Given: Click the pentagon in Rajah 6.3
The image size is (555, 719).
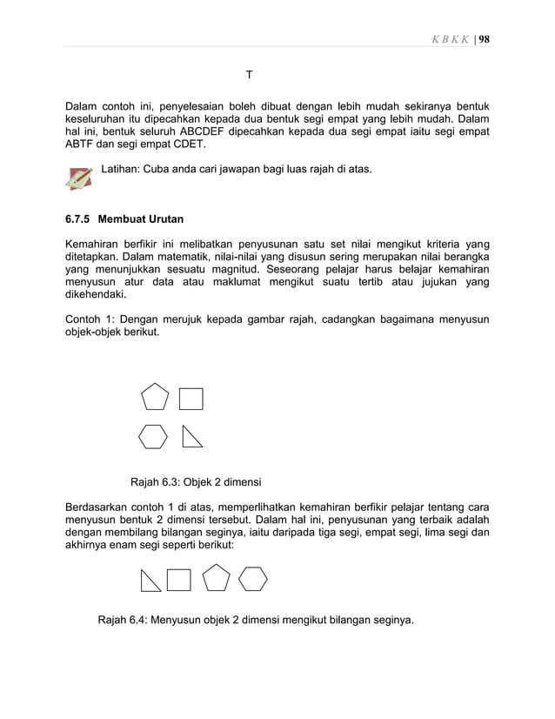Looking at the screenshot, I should click(x=154, y=397).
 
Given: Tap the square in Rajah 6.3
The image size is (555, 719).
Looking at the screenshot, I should click(x=191, y=399).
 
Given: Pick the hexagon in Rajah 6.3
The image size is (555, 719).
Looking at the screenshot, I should click(x=153, y=435).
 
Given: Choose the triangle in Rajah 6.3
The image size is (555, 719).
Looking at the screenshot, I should click(x=191, y=436).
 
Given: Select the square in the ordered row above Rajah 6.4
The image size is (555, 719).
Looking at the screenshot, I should click(x=178, y=579).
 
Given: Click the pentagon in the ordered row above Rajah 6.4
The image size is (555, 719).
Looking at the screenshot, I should click(x=215, y=578).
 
